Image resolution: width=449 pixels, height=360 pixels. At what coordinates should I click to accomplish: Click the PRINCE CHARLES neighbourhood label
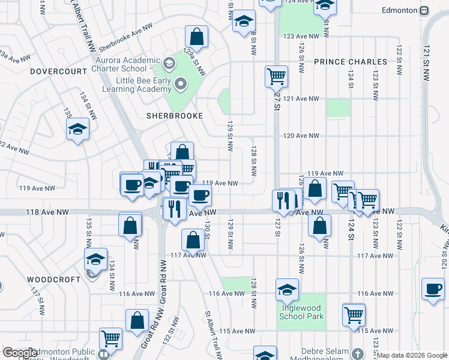coord(351,62)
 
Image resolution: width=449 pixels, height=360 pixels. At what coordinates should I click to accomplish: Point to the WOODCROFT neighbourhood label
coord(53,280)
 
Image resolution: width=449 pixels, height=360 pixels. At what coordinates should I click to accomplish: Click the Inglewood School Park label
coord(303,313)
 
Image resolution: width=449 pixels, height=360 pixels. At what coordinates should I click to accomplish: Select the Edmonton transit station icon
coord(424,10)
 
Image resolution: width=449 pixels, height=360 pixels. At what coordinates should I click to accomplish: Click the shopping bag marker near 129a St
coord(196,35)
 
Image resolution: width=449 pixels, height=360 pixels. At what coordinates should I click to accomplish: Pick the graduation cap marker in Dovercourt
coord(77,129)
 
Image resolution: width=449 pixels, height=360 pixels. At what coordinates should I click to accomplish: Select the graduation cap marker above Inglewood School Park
coord(288,289)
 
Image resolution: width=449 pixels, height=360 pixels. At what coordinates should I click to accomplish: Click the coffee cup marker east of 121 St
coord(432,289)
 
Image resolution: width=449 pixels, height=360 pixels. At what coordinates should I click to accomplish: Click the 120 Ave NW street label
coord(297,136)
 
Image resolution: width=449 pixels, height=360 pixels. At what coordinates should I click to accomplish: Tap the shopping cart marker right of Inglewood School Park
coord(354,314)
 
